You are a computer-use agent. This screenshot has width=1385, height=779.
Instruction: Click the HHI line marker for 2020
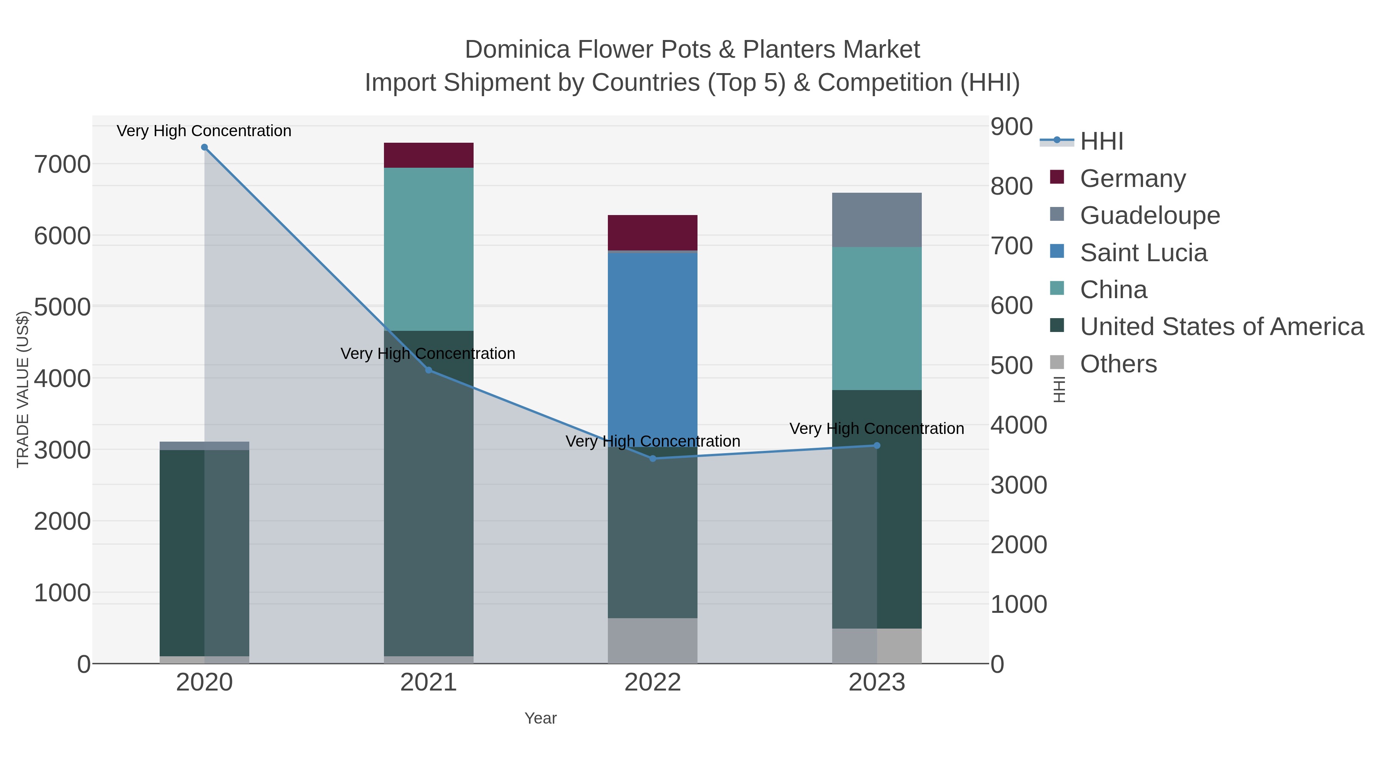(x=204, y=147)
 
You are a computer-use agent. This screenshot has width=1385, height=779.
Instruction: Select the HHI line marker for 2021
(x=429, y=370)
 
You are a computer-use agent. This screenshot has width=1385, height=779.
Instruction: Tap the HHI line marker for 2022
(x=653, y=459)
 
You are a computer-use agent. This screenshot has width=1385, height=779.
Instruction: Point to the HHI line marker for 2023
(x=877, y=445)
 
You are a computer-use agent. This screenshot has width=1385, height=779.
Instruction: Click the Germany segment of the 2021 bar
(x=429, y=155)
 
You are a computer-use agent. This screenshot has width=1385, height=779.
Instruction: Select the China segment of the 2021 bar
(x=429, y=249)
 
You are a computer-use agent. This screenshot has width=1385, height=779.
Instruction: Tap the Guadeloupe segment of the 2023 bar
(x=877, y=220)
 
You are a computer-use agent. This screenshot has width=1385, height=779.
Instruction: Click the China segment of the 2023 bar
(x=877, y=318)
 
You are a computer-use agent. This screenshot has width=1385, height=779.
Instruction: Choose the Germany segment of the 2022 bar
(x=653, y=233)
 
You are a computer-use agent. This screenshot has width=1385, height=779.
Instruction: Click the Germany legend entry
(x=1132, y=178)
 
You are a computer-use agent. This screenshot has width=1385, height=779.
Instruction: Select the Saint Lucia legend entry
(x=1143, y=253)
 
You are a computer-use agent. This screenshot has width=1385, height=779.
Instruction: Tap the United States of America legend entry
(x=1221, y=327)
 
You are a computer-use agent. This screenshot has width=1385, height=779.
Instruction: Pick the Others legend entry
(x=1118, y=364)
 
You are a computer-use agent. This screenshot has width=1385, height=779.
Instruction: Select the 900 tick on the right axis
(x=1012, y=127)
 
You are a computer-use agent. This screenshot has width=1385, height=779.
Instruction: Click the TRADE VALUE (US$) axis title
(x=23, y=390)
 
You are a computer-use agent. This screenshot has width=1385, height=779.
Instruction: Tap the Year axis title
(x=541, y=718)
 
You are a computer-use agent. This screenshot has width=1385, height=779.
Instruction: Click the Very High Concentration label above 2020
(x=204, y=131)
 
